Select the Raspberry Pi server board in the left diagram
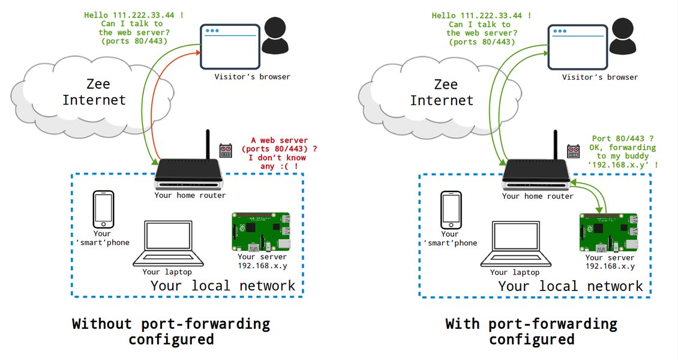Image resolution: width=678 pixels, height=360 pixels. [260, 232]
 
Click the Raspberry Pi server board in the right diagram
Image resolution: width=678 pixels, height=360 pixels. [608, 232]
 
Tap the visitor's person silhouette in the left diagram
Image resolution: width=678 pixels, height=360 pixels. [275, 37]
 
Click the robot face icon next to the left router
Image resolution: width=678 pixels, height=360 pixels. [226, 150]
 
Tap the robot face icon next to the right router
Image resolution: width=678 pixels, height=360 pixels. [573, 150]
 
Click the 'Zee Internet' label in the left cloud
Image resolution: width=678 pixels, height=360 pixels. [94, 91]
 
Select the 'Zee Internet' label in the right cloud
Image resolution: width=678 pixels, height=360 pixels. [442, 91]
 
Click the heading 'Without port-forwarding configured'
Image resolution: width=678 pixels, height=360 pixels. [171, 331]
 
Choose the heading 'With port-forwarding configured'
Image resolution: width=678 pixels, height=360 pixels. [531, 331]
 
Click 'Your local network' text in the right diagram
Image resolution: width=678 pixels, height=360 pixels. [570, 286]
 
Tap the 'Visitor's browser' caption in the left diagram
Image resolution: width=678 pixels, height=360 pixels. [252, 77]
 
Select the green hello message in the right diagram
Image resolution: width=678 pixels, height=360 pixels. [481, 28]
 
